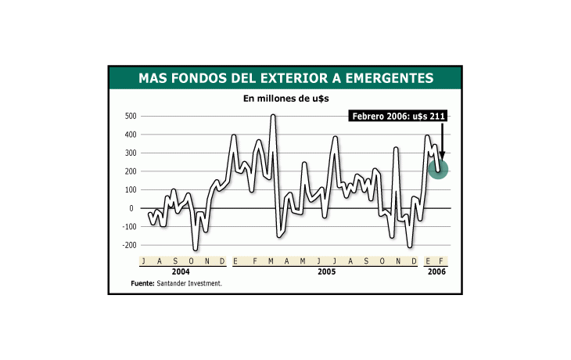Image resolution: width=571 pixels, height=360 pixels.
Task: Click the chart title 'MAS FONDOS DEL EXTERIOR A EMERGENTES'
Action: click(x=285, y=77)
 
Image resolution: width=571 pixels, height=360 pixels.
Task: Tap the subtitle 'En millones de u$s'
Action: click(x=285, y=99)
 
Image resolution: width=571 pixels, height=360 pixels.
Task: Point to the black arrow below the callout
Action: click(x=442, y=142)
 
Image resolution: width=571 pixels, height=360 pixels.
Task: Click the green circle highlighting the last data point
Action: click(x=439, y=168)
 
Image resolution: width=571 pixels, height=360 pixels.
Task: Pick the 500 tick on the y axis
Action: click(x=129, y=116)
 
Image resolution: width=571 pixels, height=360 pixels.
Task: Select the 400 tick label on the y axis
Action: click(x=129, y=135)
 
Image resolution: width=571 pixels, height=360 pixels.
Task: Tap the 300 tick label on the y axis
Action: click(x=129, y=153)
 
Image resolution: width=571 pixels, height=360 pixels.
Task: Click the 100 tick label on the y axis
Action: click(x=129, y=189)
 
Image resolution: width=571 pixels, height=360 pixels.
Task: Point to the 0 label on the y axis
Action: click(x=133, y=208)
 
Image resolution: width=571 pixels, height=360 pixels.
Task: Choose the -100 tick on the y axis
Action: click(x=127, y=226)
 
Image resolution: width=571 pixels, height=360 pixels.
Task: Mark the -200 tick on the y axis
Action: click(x=127, y=245)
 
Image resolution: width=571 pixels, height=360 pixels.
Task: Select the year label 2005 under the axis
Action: click(x=326, y=272)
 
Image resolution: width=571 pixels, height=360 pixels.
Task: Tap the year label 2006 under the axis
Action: click(x=436, y=272)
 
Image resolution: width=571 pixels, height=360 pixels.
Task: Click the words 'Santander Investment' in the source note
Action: click(x=189, y=283)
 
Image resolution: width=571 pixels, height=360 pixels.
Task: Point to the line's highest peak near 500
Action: click(x=273, y=116)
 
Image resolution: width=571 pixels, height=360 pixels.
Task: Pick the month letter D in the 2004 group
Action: click(x=222, y=261)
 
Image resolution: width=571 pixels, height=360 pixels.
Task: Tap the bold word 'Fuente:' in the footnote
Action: click(x=142, y=283)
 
